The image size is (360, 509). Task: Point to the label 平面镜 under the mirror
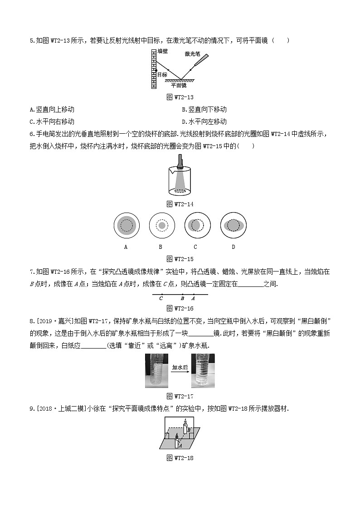click(178, 85)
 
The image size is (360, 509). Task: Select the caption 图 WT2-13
click(180, 97)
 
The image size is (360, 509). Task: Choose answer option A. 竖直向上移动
click(52, 110)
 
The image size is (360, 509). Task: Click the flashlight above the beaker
click(180, 162)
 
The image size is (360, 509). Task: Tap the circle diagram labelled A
click(126, 225)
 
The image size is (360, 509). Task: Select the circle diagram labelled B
click(161, 225)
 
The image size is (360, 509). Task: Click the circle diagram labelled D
click(233, 225)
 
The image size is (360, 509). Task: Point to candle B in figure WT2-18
click(187, 426)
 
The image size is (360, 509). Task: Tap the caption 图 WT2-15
click(180, 259)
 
